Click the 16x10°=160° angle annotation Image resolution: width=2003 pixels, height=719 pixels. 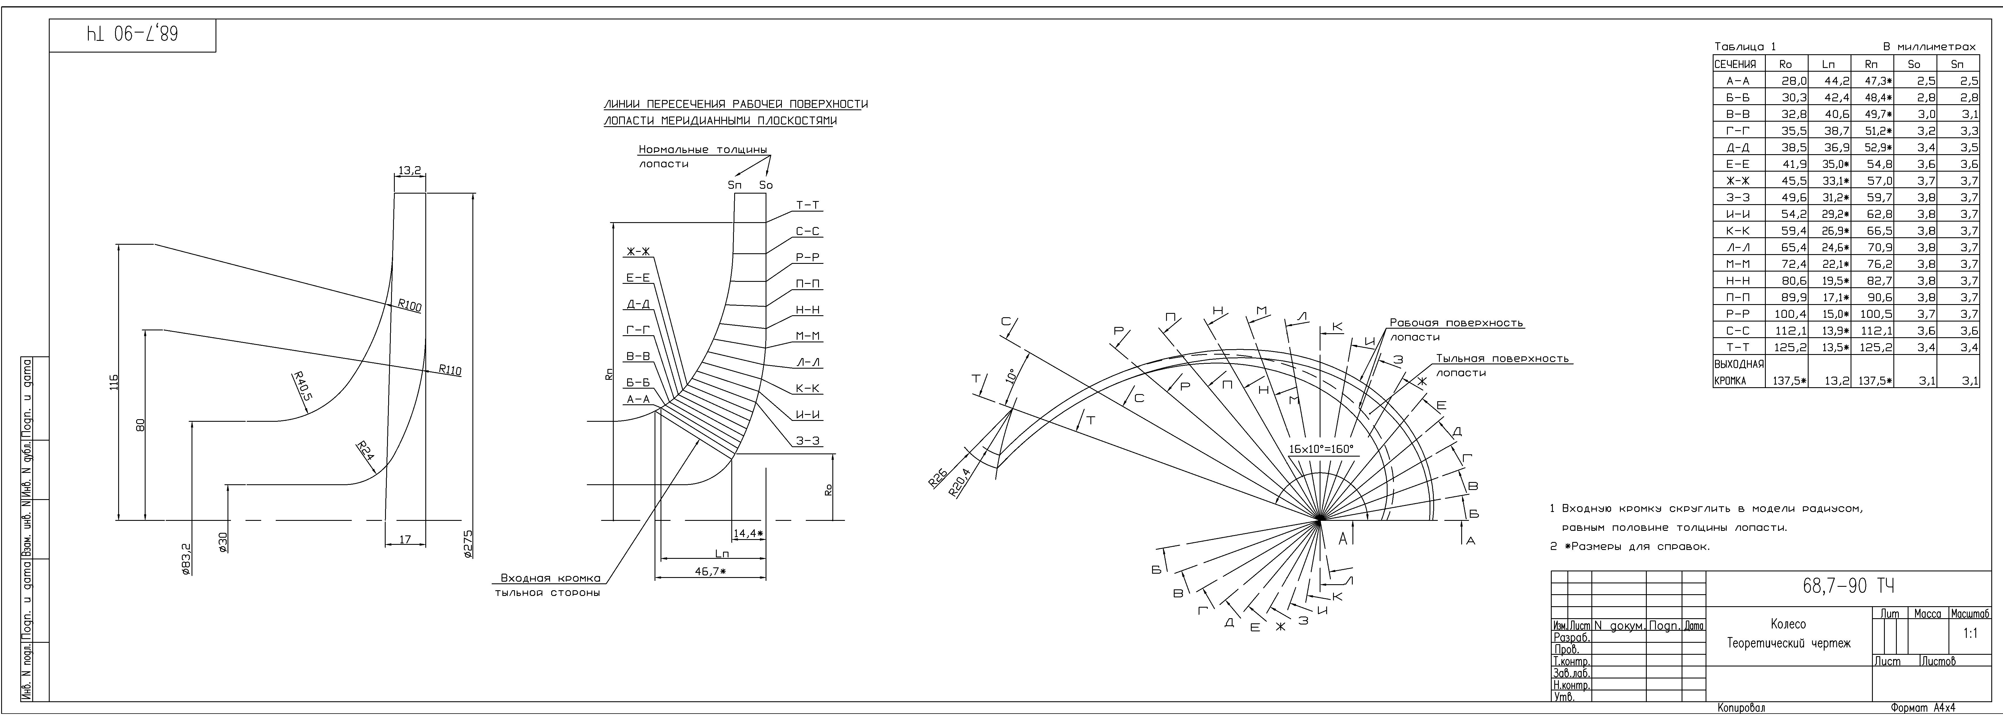tap(1321, 449)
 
